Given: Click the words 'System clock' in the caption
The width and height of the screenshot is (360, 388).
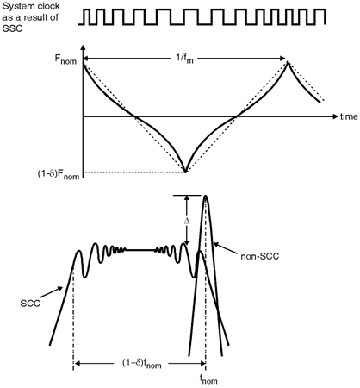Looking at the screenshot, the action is coord(31,7).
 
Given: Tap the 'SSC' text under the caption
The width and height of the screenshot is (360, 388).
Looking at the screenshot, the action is coord(12,28).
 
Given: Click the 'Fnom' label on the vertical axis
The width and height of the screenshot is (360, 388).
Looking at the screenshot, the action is coord(65,59).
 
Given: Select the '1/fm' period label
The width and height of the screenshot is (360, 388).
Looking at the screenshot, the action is coord(184,59).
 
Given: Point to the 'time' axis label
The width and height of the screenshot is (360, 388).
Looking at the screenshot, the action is coord(349,116).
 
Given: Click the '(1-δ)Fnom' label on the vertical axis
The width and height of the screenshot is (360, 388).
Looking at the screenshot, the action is coord(59,174).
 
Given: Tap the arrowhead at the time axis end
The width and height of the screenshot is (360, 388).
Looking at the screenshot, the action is coord(335,116).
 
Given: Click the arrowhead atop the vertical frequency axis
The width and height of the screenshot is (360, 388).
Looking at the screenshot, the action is coord(83,48).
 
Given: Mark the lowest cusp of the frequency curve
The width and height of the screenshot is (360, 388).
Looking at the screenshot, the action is coord(185,172).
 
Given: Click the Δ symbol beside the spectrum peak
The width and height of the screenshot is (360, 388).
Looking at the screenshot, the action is coord(187,221).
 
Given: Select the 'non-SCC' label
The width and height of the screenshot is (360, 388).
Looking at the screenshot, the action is coord(260,256).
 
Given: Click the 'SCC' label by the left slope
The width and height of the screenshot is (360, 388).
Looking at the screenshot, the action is coord(30,304).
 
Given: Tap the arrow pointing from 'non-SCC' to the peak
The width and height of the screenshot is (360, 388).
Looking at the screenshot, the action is coord(226,249).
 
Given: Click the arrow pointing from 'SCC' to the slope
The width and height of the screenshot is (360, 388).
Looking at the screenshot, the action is coord(52,292).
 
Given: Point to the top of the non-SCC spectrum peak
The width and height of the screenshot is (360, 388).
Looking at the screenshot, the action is coord(206,196).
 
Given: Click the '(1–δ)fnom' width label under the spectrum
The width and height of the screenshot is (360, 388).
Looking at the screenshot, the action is coord(142,364).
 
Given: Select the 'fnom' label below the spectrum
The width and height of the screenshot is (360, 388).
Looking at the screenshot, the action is coord(208,380).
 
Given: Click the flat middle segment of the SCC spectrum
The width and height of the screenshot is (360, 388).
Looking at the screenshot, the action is coord(140,250).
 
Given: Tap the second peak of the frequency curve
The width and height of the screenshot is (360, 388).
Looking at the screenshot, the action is coord(288,62).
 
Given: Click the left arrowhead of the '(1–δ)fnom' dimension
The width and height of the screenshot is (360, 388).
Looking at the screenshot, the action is coord(78,364).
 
